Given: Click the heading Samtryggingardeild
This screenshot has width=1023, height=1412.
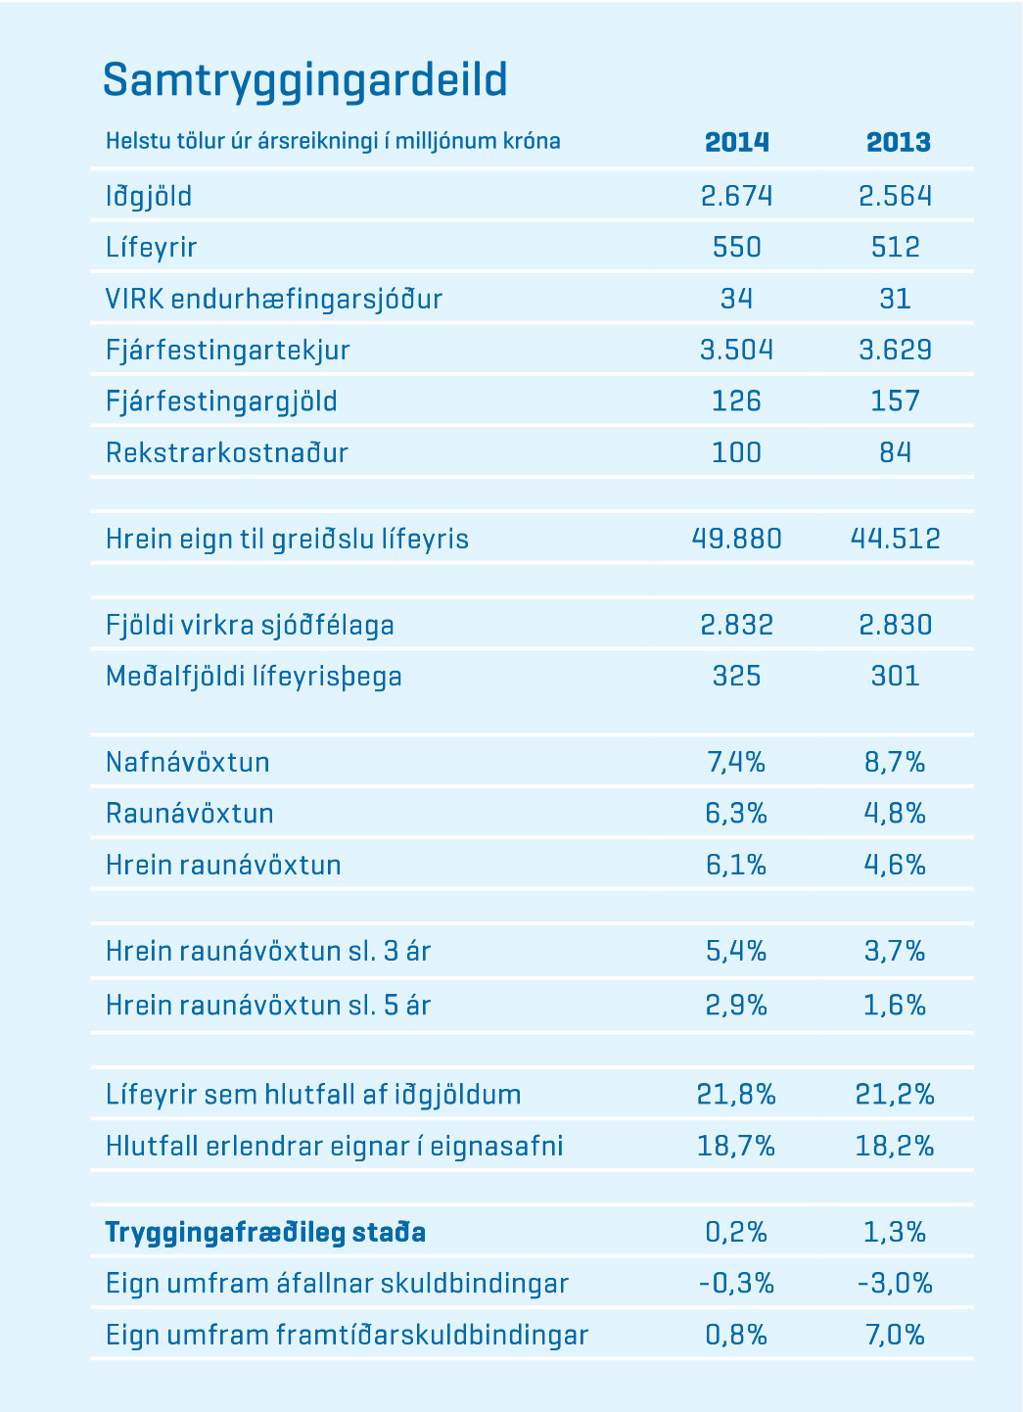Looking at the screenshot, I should (x=304, y=80).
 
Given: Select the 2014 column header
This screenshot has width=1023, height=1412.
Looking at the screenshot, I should (x=737, y=143).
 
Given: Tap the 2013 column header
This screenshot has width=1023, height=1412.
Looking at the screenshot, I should (x=898, y=143).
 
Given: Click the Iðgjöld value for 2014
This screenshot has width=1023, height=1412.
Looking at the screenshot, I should (x=737, y=196).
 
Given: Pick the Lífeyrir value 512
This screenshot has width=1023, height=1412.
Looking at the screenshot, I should (x=896, y=247).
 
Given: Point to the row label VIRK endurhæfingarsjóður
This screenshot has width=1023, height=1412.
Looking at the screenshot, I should (x=274, y=299).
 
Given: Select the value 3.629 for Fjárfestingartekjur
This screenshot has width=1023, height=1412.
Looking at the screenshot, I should (x=896, y=350).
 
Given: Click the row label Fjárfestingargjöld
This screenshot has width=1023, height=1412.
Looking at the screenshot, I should (x=221, y=401).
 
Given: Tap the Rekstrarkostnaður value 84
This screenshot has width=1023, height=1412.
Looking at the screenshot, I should (x=896, y=452).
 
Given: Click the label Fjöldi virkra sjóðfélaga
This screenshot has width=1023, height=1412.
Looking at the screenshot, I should (x=250, y=625).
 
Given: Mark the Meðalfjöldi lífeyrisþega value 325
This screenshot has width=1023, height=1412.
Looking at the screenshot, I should (x=737, y=677).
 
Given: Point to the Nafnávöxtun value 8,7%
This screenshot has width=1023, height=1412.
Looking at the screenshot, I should (x=896, y=762).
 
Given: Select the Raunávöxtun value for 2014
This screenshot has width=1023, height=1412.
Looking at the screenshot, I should (x=737, y=814).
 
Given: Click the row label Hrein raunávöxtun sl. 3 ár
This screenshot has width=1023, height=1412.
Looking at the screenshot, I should (x=268, y=951).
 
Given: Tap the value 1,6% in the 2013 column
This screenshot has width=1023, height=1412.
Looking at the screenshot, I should (x=896, y=1006).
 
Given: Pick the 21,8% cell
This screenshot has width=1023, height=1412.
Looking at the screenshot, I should (x=737, y=1094).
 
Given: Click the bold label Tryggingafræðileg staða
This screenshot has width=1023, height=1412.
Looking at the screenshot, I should (x=265, y=1232).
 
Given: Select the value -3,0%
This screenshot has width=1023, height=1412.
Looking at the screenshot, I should (x=896, y=1283).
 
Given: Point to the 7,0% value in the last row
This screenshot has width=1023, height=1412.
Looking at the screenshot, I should (x=896, y=1335).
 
